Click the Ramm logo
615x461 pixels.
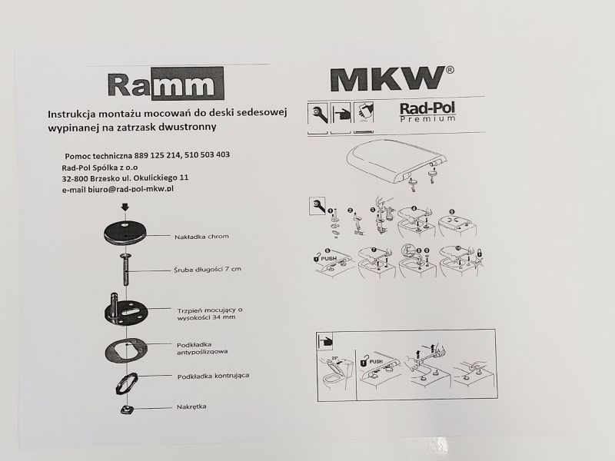click(x=165, y=84)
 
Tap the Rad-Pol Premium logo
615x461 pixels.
click(x=427, y=112)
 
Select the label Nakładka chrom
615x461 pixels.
click(x=201, y=237)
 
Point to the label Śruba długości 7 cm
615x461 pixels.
click(x=208, y=270)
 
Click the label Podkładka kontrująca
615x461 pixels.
click(x=213, y=376)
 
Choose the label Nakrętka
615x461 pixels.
click(x=191, y=406)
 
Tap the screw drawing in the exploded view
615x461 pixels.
click(x=125, y=270)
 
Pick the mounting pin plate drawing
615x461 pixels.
click(x=125, y=310)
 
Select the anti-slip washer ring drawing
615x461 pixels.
click(x=126, y=348)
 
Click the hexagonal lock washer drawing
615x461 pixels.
click(x=126, y=383)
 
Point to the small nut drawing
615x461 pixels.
click(x=127, y=410)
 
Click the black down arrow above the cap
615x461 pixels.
click(x=125, y=207)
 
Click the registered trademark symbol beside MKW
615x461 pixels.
click(x=450, y=70)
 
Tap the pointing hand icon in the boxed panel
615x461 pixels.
click(x=324, y=340)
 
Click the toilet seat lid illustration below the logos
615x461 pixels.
click(x=397, y=161)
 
